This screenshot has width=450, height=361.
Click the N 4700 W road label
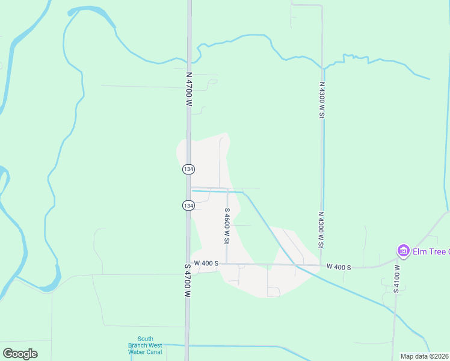[188, 91]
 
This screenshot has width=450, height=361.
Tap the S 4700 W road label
[188, 281]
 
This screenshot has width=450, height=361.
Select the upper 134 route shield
[188, 170]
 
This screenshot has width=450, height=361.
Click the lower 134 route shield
[188, 206]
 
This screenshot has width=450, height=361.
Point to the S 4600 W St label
[227, 226]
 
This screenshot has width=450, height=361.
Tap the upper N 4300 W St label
[322, 100]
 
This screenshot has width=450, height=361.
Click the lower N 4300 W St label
[322, 230]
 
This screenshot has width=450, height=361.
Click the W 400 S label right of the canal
[339, 266]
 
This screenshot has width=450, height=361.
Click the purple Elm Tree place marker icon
[402, 250]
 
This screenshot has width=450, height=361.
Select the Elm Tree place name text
[431, 251]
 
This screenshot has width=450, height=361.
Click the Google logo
[20, 353]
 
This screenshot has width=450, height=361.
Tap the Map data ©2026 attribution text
[424, 356]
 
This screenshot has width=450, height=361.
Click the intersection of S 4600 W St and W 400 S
[227, 264]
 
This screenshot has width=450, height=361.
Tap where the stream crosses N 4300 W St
[322, 67]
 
